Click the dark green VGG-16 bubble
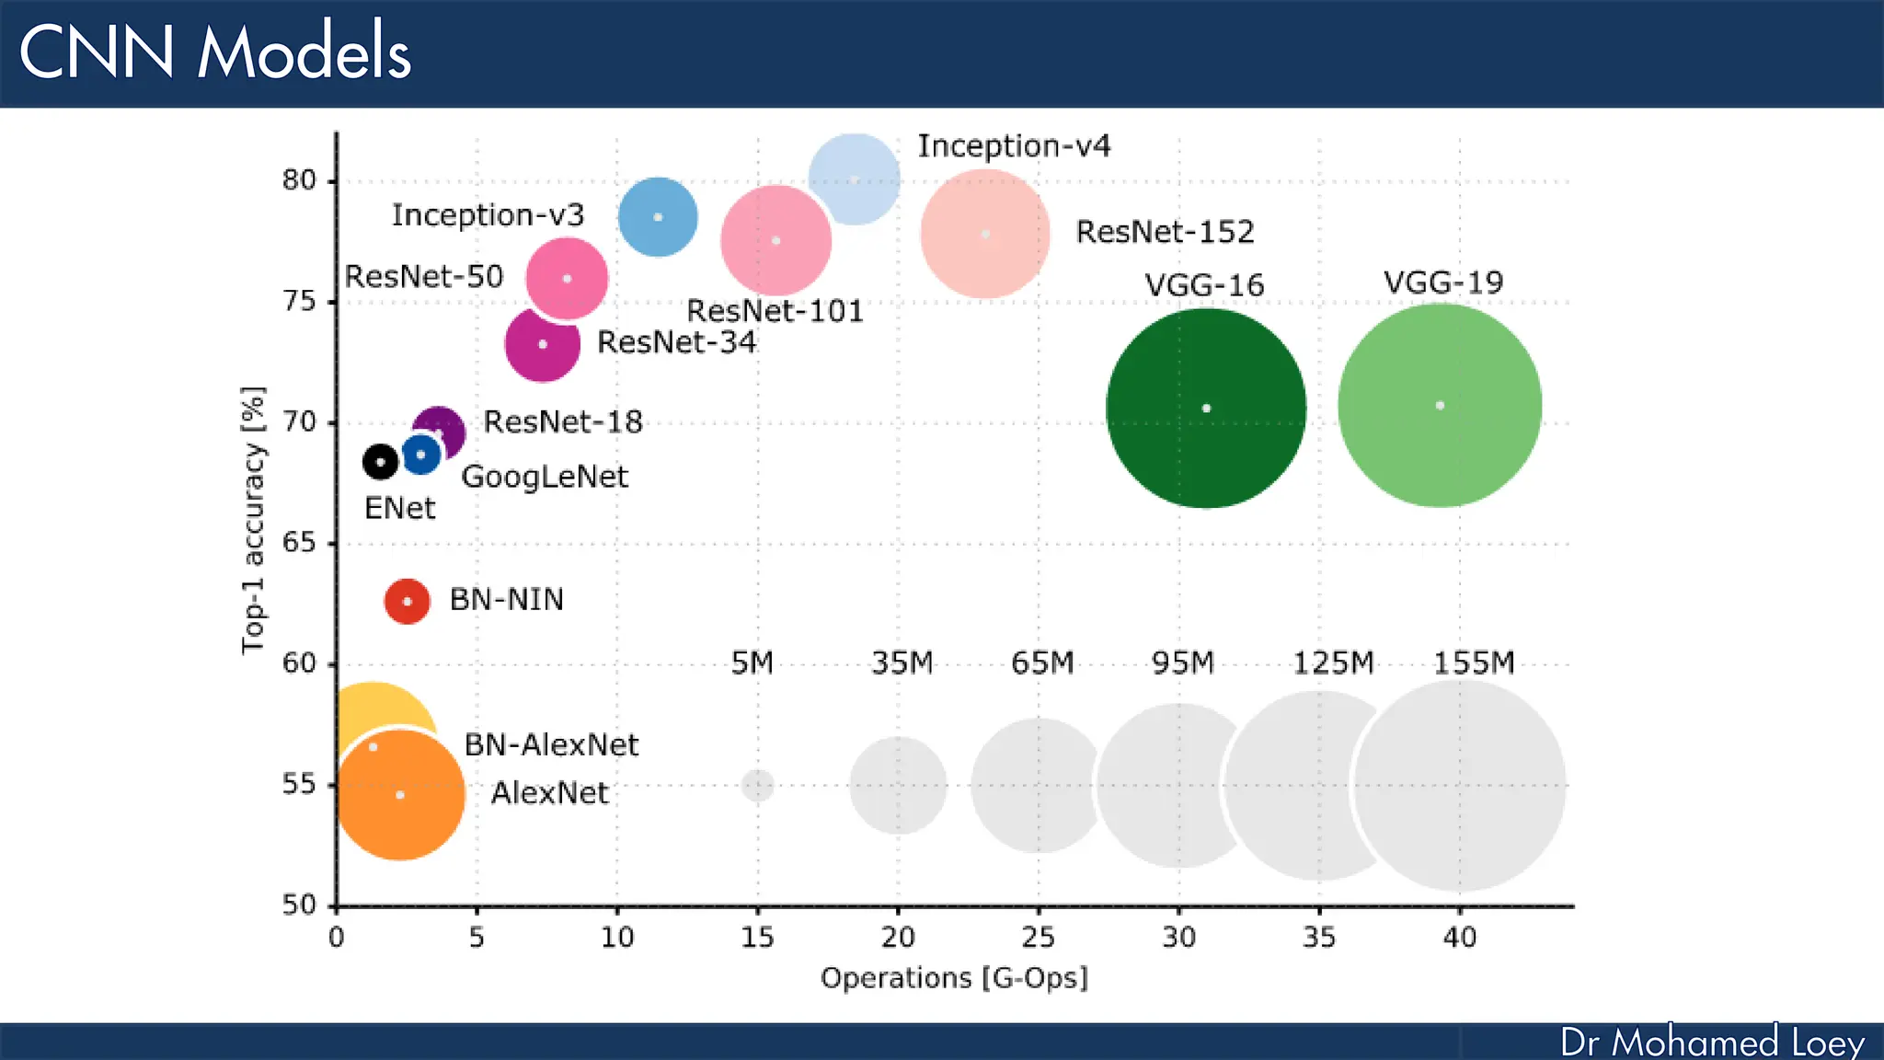[1205, 408]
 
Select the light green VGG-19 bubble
[1440, 406]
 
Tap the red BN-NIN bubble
[407, 602]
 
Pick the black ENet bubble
[380, 462]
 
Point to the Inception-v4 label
[1014, 146]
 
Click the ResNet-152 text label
[1165, 232]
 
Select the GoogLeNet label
[545, 477]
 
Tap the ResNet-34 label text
[676, 342]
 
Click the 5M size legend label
[752, 663]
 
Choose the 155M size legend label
[1474, 663]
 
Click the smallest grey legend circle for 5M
[757, 786]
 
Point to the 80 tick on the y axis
[299, 180]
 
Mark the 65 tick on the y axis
[299, 543]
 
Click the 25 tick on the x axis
[1039, 938]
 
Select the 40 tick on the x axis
[1459, 938]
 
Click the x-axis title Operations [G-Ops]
[954, 977]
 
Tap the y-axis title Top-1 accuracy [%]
[253, 520]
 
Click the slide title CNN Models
[214, 52]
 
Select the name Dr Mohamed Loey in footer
[1712, 1043]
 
